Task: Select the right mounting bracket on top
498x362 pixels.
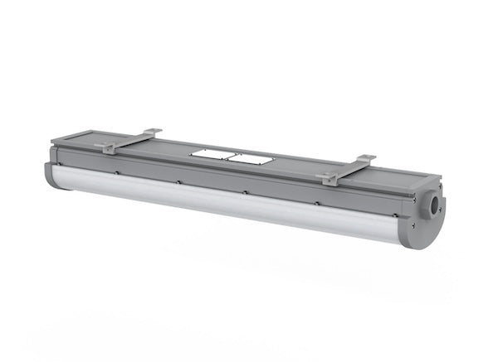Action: [349, 167]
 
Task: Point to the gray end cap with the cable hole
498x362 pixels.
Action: [428, 217]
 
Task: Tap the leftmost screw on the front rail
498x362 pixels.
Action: [118, 173]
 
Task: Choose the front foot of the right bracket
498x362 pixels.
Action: [330, 178]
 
